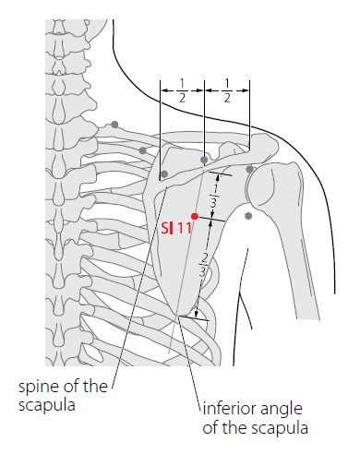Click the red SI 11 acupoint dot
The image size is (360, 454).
[195, 216]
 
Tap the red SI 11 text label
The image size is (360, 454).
[176, 228]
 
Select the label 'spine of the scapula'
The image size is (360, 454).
[63, 395]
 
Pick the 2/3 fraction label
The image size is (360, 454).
[202, 264]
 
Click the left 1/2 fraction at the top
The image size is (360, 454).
[182, 90]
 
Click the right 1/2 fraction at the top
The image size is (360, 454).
[227, 90]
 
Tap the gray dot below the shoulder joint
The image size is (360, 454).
[248, 216]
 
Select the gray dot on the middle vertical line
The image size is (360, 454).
[204, 160]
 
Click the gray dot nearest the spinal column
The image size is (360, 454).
[114, 125]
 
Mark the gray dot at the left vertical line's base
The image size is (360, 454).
[164, 174]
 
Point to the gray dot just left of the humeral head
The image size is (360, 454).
[250, 169]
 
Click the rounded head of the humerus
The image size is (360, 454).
[274, 185]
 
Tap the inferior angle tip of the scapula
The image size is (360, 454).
[177, 315]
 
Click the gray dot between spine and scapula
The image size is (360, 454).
[142, 150]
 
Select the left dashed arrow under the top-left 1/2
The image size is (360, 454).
[182, 90]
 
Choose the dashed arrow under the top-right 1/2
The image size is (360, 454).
[227, 90]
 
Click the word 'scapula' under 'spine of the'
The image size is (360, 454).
[47, 405]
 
